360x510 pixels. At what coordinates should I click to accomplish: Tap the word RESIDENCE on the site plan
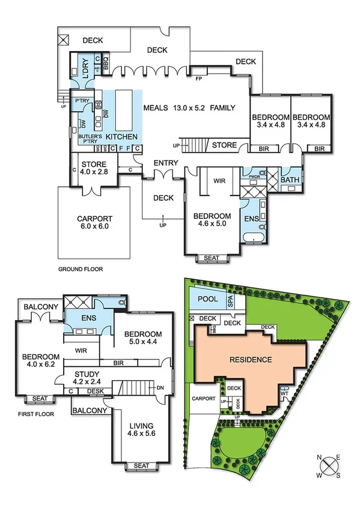click(x=251, y=360)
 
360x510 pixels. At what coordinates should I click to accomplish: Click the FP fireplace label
click(x=198, y=78)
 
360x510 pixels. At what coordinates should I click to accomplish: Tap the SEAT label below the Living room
click(x=142, y=465)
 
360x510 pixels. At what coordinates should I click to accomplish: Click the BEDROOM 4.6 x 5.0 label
click(x=212, y=221)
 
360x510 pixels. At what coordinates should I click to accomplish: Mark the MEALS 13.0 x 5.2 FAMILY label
click(x=190, y=108)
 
